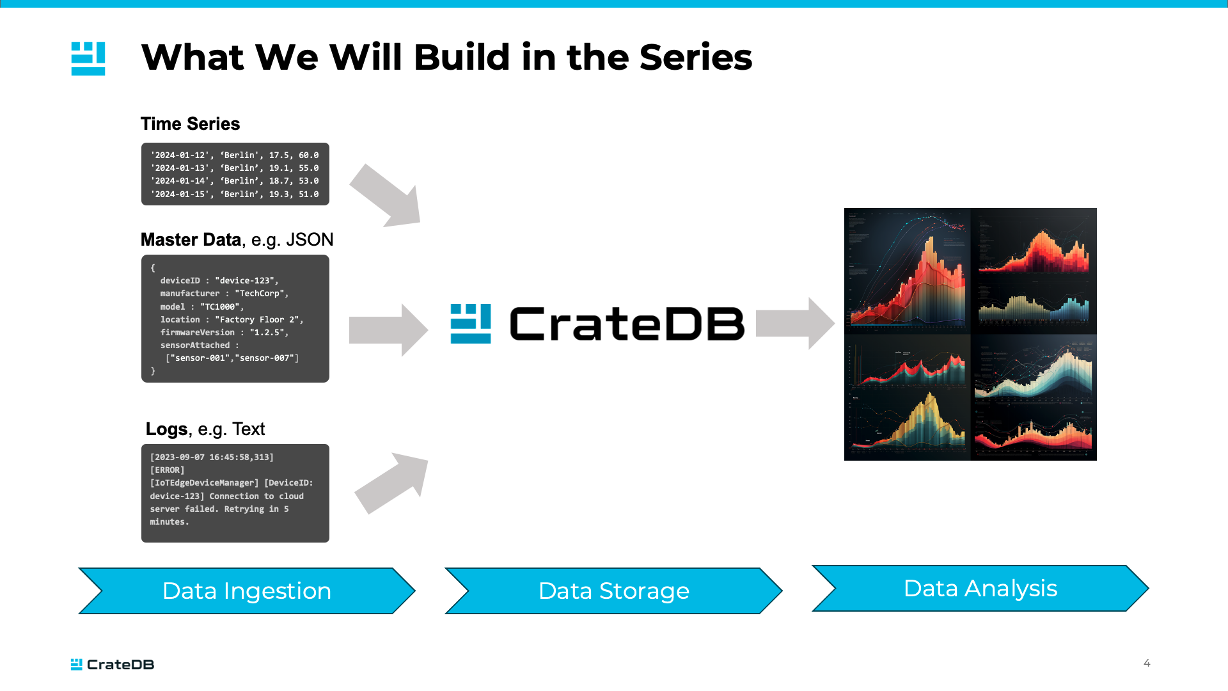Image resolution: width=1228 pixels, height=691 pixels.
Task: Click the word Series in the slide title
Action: [x=695, y=58]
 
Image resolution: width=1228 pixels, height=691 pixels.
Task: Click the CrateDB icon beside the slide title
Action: [x=88, y=59]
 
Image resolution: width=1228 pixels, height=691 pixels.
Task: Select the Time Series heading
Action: [x=190, y=124]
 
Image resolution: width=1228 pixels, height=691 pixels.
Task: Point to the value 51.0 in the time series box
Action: [x=308, y=195]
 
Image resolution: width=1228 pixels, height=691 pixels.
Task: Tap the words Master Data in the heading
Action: [x=191, y=240]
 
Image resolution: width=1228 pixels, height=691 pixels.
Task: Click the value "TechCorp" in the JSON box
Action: [x=261, y=294]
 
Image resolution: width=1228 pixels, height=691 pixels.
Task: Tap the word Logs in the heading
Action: [x=166, y=429]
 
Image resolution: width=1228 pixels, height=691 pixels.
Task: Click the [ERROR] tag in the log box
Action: [x=167, y=470]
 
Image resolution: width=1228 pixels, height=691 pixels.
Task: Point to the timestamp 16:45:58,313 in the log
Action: [x=241, y=457]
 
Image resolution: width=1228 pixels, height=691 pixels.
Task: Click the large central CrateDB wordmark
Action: [x=627, y=324]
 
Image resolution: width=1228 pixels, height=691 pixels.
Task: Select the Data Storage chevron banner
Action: [x=613, y=591]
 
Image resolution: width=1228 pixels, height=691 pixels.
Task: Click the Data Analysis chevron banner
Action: [x=980, y=589]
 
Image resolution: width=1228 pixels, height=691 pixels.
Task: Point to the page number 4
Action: [x=1147, y=663]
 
